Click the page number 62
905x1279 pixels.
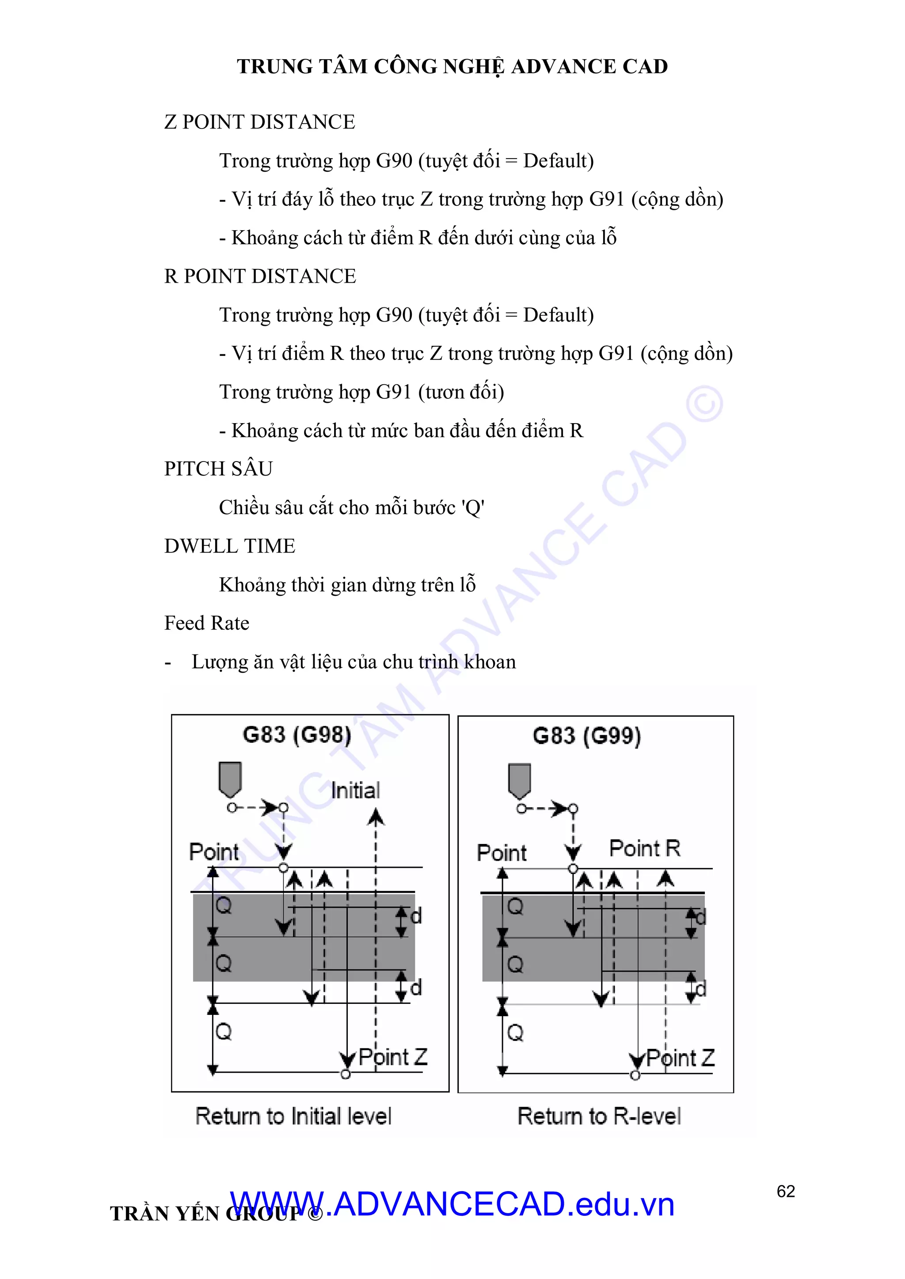[785, 1191]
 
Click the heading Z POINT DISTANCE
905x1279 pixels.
[260, 122]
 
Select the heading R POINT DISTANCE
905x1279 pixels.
[260, 276]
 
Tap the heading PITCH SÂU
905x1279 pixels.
[218, 469]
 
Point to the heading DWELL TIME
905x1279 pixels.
[230, 546]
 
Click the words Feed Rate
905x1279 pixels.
[207, 623]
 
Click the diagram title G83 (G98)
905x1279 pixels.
[297, 735]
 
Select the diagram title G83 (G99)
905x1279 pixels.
[587, 736]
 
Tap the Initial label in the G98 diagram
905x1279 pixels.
[356, 791]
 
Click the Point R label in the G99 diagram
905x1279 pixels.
[645, 848]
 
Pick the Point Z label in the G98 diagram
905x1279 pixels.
[393, 1057]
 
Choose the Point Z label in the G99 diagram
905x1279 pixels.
[681, 1058]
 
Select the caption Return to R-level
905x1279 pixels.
[599, 1116]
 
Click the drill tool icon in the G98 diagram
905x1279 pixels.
[230, 779]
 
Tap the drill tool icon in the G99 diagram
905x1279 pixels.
[519, 780]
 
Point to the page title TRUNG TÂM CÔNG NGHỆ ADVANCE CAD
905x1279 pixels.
[452, 66]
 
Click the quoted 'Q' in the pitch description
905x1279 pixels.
[473, 507]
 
